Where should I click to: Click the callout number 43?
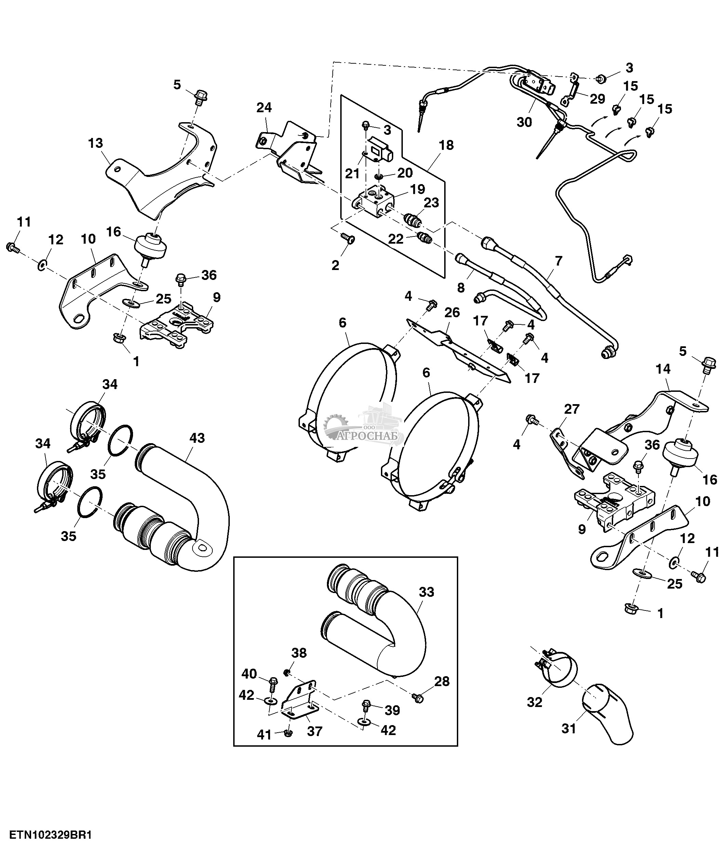197,438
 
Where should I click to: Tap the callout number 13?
95,143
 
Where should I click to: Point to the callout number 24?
264,108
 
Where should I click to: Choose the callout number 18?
446,145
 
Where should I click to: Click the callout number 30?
524,122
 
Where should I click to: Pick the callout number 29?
598,99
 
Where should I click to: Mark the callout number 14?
663,370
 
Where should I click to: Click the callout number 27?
572,409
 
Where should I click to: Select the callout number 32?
534,702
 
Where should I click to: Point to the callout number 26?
452,313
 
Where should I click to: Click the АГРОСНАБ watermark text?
370,436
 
